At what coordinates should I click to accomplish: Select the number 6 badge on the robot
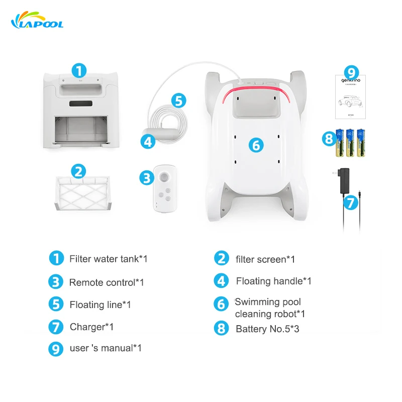pyautogui.click(x=256, y=146)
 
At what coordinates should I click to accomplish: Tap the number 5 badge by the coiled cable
pyautogui.click(x=178, y=99)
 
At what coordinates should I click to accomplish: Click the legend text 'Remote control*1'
pyautogui.click(x=107, y=282)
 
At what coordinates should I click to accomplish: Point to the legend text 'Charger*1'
pyautogui.click(x=91, y=327)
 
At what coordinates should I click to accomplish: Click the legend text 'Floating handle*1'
pyautogui.click(x=273, y=281)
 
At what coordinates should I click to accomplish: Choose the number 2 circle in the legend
pyautogui.click(x=221, y=259)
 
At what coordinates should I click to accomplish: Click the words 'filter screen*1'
pyautogui.click(x=265, y=259)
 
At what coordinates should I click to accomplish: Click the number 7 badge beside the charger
pyautogui.click(x=351, y=203)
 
